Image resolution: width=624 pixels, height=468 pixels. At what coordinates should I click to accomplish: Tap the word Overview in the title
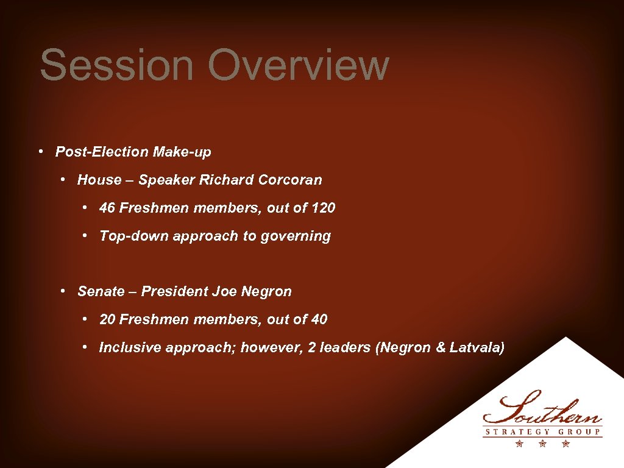[298, 65]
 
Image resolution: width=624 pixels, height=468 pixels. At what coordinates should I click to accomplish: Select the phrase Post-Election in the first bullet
[102, 152]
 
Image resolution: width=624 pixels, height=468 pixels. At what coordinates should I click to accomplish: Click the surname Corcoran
[290, 180]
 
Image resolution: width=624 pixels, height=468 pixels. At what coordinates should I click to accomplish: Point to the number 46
[107, 208]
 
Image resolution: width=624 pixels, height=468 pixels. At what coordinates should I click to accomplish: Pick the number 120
[323, 208]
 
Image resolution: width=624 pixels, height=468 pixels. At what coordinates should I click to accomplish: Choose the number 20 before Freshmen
[107, 319]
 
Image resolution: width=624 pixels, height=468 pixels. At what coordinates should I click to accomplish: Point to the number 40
[319, 319]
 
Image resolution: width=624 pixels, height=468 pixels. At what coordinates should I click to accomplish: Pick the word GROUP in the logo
[580, 432]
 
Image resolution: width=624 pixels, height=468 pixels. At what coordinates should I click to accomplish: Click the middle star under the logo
[542, 444]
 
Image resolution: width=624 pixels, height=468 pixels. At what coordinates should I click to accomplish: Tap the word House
[99, 180]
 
